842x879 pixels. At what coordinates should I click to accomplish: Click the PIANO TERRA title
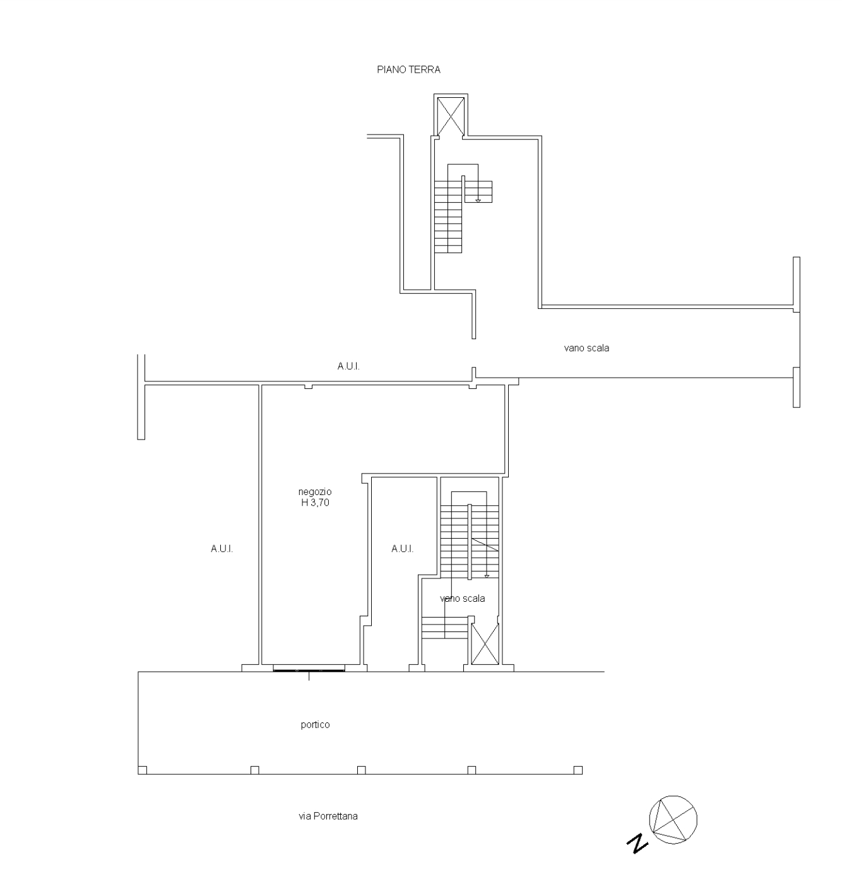coord(408,69)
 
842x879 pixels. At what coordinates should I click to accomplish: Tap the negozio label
coord(315,491)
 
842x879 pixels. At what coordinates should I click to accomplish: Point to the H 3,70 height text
coord(315,503)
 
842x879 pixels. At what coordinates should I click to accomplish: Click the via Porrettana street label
coord(328,816)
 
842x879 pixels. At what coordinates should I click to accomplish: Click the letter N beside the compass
coord(637,843)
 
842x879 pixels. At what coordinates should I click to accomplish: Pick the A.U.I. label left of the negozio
coord(222,549)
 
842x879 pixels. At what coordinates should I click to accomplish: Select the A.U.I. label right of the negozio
coord(402,549)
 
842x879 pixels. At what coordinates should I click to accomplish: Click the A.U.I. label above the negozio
coord(348,366)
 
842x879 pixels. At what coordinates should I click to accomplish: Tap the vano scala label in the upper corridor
coord(586,349)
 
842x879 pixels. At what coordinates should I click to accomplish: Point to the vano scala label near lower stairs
coord(462,599)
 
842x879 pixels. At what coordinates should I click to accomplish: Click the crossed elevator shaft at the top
coord(451,116)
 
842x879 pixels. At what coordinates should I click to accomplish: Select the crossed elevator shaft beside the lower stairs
coord(485,644)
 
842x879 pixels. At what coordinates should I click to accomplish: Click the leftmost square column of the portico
coord(142,770)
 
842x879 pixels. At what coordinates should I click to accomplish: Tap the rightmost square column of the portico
coord(578,770)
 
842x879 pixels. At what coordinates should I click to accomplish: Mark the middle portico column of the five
coord(361,770)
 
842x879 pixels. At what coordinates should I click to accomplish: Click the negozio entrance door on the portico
coord(309,668)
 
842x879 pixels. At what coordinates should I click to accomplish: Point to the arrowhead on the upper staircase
coord(478,201)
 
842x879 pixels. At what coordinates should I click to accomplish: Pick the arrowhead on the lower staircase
coord(487,576)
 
